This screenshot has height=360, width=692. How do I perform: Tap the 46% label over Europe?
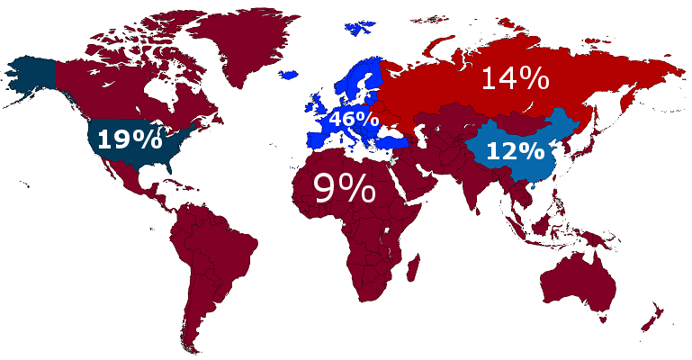353,118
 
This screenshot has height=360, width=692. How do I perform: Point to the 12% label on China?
515,151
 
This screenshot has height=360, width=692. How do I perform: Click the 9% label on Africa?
344,189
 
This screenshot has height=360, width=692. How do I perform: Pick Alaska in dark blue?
31,76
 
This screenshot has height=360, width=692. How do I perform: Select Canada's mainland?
135,81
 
